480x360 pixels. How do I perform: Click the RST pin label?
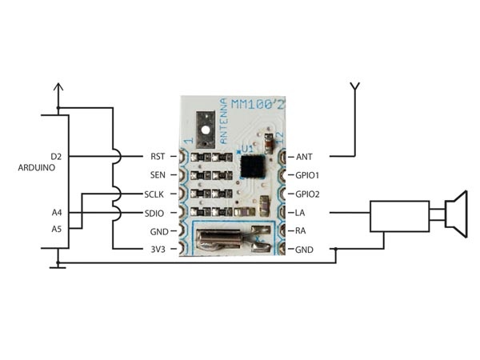point(157,156)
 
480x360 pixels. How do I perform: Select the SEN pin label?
point(157,175)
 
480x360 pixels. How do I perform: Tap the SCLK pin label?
point(155,194)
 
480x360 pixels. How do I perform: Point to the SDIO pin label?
point(155,213)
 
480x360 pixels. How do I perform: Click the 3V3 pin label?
point(157,250)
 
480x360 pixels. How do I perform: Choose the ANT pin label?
point(305,156)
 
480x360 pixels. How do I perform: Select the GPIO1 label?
point(308,175)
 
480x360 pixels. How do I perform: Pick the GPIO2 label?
point(308,194)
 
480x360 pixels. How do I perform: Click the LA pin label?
point(302,213)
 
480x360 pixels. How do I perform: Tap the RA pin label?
point(302,231)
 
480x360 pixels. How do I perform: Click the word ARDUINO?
point(37,169)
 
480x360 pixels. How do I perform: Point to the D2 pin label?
point(55,156)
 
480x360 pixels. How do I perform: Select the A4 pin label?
point(55,213)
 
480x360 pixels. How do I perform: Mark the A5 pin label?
point(55,229)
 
